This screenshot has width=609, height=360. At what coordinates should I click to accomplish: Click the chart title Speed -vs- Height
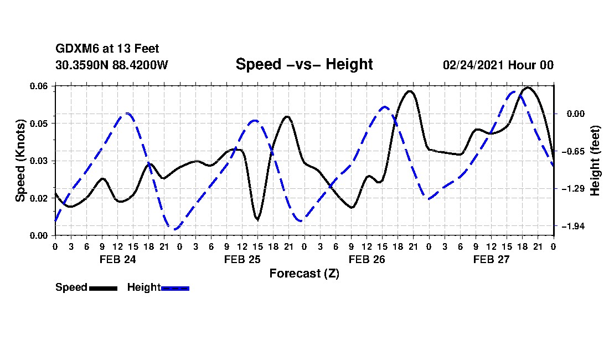304,64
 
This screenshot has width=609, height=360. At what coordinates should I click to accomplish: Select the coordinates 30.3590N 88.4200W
112,65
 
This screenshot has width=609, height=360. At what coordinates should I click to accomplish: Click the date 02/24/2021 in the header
472,65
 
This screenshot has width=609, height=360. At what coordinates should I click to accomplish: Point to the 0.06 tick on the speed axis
38,86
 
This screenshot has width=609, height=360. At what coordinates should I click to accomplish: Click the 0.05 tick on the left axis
38,124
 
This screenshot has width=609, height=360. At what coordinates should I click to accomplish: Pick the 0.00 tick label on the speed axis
38,236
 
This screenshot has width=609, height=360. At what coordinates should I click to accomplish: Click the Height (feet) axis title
595,161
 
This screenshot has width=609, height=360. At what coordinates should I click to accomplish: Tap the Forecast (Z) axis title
304,274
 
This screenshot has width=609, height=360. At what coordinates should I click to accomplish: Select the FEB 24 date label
118,259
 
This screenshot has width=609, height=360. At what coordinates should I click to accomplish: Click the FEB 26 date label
367,259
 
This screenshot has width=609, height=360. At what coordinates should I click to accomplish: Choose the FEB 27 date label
491,259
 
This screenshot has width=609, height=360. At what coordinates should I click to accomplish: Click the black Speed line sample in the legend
103,288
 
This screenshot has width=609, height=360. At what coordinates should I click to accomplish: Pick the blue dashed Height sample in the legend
175,288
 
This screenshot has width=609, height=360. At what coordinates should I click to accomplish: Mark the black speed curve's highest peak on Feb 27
528,88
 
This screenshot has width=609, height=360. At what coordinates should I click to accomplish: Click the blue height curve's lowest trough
174,229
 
